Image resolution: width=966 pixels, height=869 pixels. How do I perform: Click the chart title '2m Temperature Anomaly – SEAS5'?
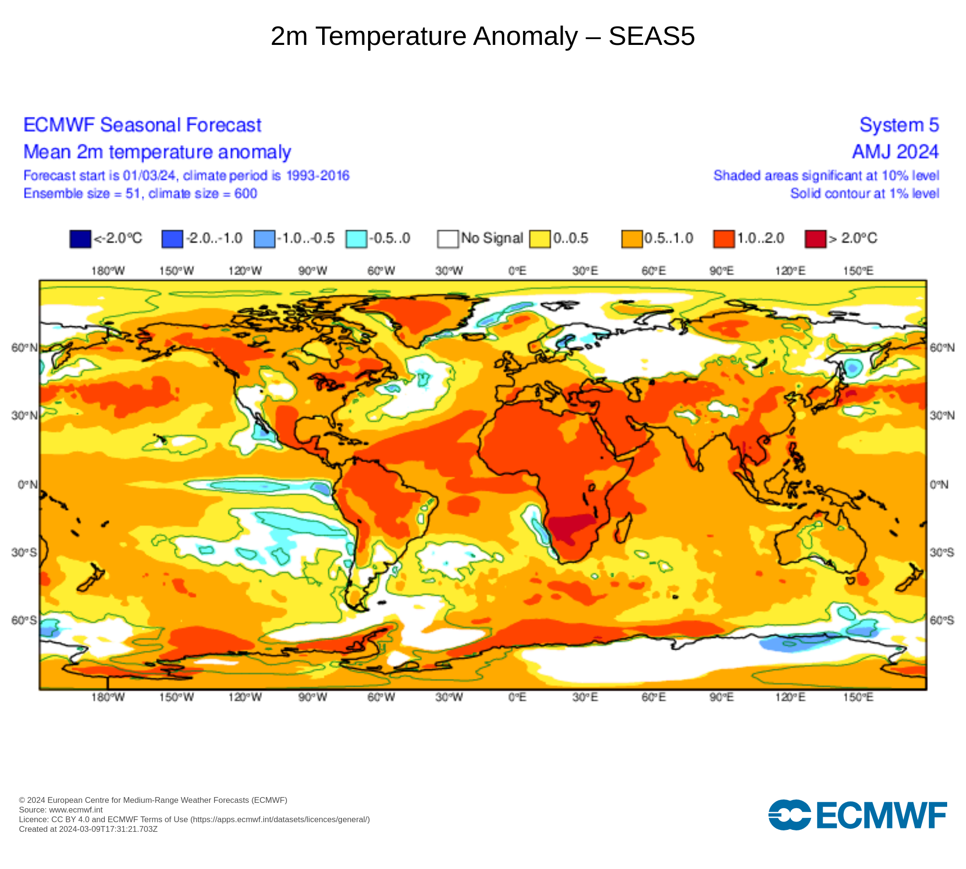pyautogui.click(x=483, y=36)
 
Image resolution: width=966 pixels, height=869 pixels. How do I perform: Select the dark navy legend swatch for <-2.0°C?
pyautogui.click(x=80, y=239)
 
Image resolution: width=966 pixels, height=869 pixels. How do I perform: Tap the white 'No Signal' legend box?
pyautogui.click(x=448, y=239)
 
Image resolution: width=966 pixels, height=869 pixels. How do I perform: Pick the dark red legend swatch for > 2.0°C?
pyautogui.click(x=815, y=239)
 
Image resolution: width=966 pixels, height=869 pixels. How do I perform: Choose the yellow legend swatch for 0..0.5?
pyautogui.click(x=540, y=239)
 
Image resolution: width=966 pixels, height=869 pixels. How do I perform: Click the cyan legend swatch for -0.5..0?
pyautogui.click(x=356, y=239)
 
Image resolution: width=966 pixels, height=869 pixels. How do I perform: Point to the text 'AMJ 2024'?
pyautogui.click(x=895, y=152)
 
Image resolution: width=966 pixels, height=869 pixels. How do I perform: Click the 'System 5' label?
pyautogui.click(x=899, y=125)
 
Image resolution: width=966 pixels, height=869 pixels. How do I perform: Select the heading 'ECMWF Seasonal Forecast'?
pyautogui.click(x=142, y=125)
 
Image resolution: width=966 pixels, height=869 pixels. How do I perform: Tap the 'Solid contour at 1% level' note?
pyautogui.click(x=864, y=194)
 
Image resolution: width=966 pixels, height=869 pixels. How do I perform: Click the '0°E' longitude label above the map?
pyautogui.click(x=517, y=271)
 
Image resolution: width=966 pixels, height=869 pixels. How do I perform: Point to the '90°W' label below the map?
pyautogui.click(x=313, y=697)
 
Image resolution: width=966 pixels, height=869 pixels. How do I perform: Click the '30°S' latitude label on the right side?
pyautogui.click(x=942, y=552)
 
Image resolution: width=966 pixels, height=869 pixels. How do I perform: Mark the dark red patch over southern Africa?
pyautogui.click(x=570, y=527)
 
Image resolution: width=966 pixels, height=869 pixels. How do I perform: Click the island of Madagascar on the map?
pyautogui.click(x=623, y=529)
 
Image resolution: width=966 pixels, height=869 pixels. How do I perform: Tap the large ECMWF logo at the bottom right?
pyautogui.click(x=857, y=815)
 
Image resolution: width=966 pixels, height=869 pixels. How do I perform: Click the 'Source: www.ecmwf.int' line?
pyautogui.click(x=61, y=810)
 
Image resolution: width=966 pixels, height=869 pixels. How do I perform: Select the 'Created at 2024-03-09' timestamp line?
pyautogui.click(x=88, y=829)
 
